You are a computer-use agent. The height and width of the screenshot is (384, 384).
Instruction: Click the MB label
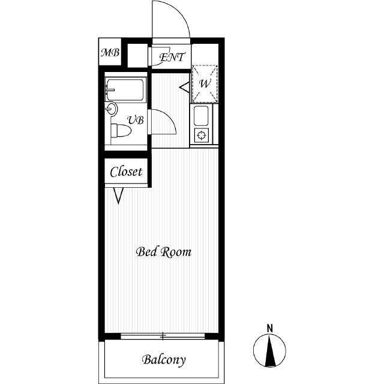(x=110, y=52)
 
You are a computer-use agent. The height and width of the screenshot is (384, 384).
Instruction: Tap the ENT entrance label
(x=172, y=58)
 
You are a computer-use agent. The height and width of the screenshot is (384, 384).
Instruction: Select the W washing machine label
(x=205, y=83)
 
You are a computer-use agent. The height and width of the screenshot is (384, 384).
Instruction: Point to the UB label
(x=136, y=120)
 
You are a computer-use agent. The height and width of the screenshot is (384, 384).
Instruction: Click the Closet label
(x=126, y=172)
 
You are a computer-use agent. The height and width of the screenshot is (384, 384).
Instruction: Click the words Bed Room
(x=164, y=252)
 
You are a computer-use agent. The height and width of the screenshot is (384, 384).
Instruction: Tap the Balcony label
(x=164, y=360)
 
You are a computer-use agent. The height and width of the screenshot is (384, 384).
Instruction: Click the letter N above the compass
(x=269, y=328)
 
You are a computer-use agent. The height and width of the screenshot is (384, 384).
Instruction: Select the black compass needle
(x=269, y=350)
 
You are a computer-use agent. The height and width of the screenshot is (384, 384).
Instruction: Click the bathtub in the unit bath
(x=125, y=89)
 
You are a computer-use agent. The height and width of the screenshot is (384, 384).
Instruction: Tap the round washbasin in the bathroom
(x=112, y=109)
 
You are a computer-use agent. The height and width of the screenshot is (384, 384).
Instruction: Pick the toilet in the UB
(x=121, y=131)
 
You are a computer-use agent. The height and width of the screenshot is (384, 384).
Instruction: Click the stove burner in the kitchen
(x=202, y=135)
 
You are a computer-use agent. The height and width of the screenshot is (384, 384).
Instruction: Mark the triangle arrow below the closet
(x=119, y=196)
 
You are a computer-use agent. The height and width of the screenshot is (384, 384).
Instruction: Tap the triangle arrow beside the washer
(x=184, y=88)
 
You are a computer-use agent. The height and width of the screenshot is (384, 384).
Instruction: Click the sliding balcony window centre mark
(x=163, y=336)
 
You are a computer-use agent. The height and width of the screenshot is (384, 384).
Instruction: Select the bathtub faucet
(x=109, y=89)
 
